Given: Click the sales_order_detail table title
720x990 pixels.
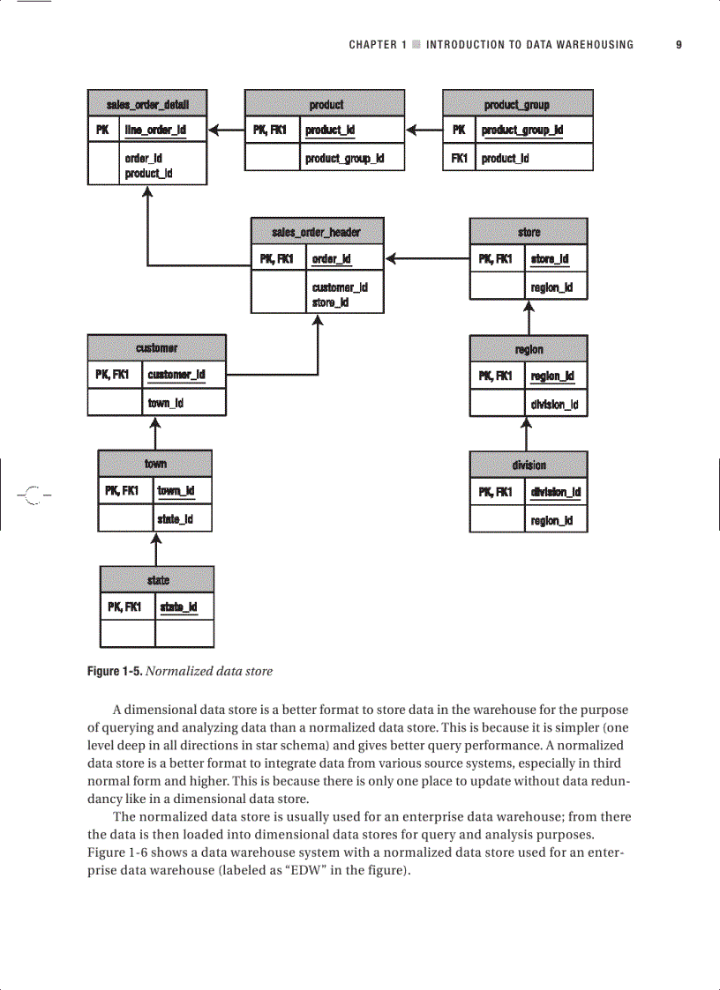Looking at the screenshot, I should pos(147,104).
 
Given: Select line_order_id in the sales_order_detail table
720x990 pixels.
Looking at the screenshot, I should pos(155,130).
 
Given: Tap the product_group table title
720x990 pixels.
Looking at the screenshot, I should pos(517,104).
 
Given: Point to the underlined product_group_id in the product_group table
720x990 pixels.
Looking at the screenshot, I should pos(522,130).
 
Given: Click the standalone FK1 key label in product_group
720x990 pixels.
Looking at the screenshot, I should pos(459,159).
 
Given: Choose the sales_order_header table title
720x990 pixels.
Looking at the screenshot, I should pos(317,232).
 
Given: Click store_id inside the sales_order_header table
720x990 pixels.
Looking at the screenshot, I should pos(331,302).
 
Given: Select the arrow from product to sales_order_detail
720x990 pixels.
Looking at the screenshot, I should pos(226,130).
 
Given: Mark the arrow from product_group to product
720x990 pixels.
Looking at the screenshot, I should pos(424,130).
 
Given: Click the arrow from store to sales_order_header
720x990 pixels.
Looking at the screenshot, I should pos(427,258).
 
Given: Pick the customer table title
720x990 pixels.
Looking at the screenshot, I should pos(157,348).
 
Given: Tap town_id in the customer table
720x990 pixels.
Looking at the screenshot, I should pos(166,403).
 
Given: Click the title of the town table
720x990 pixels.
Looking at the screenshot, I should pos(155,464).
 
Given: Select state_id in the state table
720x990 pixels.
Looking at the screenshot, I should pos(177,607).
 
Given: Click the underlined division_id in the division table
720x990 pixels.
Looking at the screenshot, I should pos(555,492).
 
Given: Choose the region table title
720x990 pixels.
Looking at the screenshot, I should pos(529,349).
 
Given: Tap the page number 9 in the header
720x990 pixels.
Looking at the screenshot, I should pos(679,44).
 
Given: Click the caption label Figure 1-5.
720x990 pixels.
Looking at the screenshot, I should pos(114,671).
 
